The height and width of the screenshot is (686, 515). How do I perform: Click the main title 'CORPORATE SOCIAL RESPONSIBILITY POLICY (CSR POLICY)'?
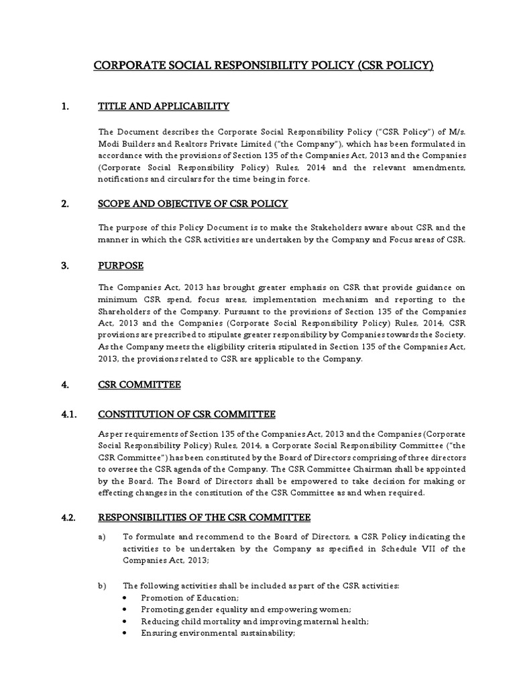pyautogui.click(x=263, y=66)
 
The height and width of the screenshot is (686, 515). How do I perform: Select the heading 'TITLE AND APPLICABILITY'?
pyautogui.click(x=164, y=107)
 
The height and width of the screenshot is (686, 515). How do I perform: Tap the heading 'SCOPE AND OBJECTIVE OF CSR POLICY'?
pyautogui.click(x=194, y=204)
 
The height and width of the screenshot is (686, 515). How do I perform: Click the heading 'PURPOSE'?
pyautogui.click(x=121, y=266)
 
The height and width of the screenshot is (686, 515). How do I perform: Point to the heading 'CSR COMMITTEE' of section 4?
pyautogui.click(x=139, y=385)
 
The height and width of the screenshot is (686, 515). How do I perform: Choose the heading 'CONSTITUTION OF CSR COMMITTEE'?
pyautogui.click(x=186, y=415)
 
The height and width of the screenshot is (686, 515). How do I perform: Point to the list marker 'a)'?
pyautogui.click(x=103, y=537)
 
